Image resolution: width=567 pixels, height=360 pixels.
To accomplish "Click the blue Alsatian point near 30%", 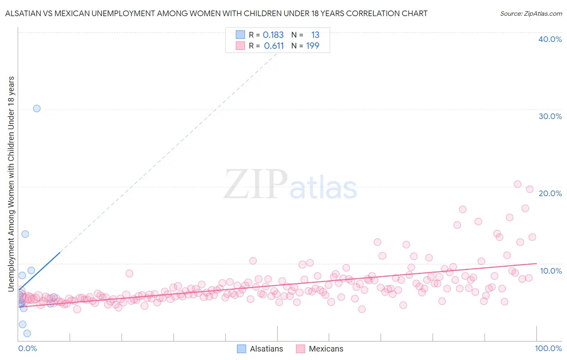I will click(37, 108).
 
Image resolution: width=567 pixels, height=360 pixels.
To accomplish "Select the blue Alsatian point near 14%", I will click(25, 234).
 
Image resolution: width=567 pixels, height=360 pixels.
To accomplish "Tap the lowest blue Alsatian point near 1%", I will click(27, 333).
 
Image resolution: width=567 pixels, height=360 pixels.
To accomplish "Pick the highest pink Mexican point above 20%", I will click(518, 184).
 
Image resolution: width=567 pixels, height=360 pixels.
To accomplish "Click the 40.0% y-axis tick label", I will click(550, 39).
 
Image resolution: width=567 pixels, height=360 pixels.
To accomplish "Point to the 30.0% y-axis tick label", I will click(550, 116).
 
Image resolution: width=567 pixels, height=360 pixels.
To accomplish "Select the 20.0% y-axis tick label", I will click(550, 193).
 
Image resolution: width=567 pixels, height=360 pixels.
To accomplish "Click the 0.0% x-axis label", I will click(27, 348).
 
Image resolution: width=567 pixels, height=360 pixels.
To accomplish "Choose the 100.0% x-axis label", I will click(548, 348).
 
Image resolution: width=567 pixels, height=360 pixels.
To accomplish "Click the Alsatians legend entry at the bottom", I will click(260, 349).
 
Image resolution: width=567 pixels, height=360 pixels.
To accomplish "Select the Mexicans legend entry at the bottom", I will click(320, 349).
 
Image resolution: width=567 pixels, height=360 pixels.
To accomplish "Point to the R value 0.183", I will click(273, 35).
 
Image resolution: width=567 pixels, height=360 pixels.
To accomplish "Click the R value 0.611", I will click(274, 46).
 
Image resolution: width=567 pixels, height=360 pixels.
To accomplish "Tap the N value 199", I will click(313, 46).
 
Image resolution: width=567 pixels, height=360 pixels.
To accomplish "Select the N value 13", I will click(315, 35).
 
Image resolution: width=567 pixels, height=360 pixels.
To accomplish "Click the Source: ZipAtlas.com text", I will click(531, 13).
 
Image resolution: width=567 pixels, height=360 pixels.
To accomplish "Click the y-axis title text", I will click(11, 184).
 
